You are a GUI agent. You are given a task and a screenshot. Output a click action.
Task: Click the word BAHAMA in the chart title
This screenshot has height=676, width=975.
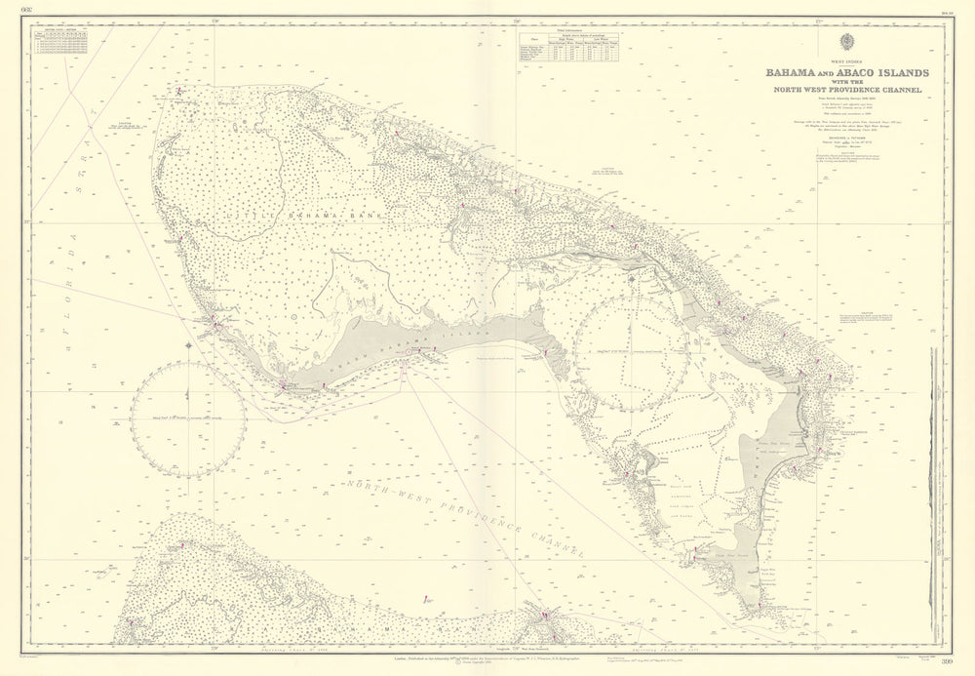(x=794, y=73)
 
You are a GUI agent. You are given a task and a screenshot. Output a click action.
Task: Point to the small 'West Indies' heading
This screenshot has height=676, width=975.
(x=845, y=62)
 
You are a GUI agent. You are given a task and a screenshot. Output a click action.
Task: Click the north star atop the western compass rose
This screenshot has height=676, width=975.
(x=188, y=343)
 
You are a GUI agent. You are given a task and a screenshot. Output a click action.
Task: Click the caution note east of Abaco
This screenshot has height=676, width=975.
(x=863, y=318)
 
